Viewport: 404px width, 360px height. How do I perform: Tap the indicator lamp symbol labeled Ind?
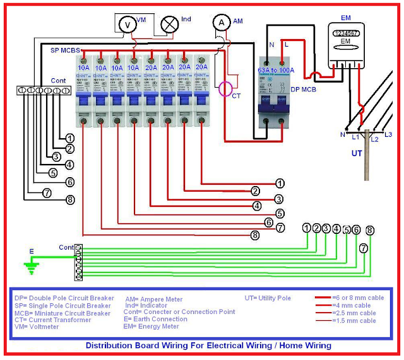coord(169,24)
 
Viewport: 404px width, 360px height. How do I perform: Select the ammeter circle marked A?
coord(220,22)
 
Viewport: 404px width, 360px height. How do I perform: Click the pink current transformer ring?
coord(225,89)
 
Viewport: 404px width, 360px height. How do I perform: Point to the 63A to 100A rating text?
coord(276,70)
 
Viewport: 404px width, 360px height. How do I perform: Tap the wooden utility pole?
coord(365,170)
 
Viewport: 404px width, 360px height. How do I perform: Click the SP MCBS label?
coord(66,49)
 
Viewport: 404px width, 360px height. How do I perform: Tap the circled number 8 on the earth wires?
coord(370,230)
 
